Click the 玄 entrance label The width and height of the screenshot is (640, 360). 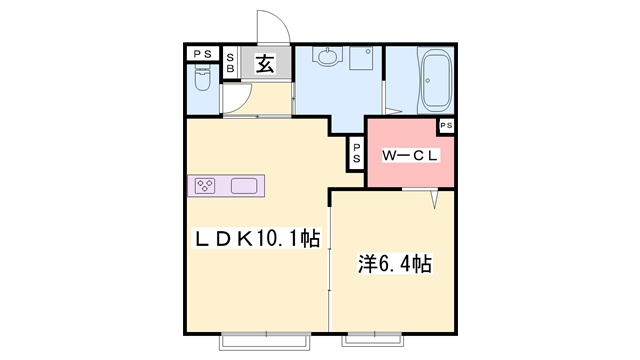pos(265,65)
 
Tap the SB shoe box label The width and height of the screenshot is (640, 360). pos(230,65)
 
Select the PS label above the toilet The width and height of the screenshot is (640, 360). pos(201,54)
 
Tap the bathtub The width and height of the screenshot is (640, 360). pos(437,80)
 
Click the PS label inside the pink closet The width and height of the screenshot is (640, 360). pos(446,125)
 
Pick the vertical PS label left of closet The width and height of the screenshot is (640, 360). pos(356,153)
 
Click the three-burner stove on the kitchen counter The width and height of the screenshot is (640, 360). pos(206,185)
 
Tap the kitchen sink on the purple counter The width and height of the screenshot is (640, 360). pos(245,185)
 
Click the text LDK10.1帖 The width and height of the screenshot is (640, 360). pos(255,239)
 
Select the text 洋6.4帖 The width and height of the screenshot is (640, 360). pos(395,264)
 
